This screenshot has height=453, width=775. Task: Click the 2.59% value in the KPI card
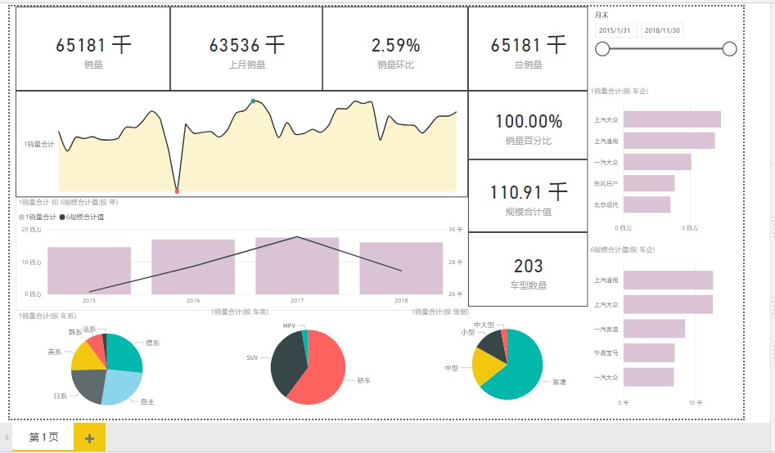(395, 46)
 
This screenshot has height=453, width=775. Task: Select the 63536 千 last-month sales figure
(246, 45)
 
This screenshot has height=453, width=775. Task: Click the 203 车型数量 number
(529, 266)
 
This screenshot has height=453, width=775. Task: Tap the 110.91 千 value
(528, 193)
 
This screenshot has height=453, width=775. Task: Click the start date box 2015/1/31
(615, 30)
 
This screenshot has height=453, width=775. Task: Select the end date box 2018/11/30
(662, 30)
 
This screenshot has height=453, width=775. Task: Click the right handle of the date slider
(729, 49)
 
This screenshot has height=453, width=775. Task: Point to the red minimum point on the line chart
(177, 191)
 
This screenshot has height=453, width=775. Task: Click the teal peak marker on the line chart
(253, 101)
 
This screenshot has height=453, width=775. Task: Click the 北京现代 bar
(647, 204)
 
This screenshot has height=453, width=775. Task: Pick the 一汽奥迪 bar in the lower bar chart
(654, 329)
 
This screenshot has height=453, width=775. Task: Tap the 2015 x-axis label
(89, 301)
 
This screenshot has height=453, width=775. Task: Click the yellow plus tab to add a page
(89, 437)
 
